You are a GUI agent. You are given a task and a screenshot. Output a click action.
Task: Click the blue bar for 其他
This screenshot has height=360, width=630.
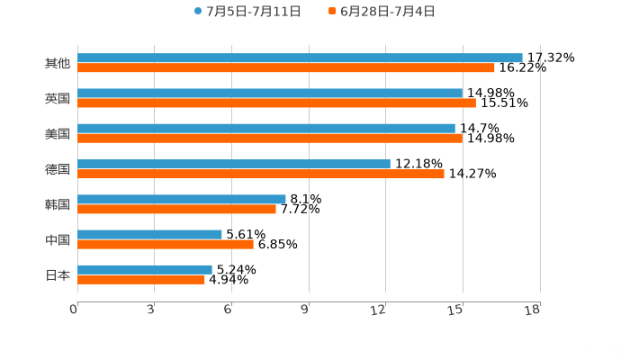(x=300, y=58)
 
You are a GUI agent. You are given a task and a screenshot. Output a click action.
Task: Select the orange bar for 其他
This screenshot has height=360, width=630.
(x=286, y=67)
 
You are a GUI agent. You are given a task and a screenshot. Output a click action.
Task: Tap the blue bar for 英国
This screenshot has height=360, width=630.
(x=270, y=93)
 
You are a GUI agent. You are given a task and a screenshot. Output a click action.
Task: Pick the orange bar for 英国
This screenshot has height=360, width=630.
(x=276, y=103)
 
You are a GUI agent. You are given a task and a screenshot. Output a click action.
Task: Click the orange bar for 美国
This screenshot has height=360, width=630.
(x=270, y=138)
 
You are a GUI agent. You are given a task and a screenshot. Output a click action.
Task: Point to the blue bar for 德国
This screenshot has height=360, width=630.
(x=234, y=164)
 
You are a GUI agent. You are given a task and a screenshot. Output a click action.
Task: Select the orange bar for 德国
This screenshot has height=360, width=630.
(x=261, y=174)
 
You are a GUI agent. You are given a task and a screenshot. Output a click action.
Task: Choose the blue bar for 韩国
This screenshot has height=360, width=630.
(x=182, y=199)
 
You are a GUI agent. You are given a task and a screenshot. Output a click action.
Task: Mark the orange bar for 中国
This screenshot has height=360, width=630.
(x=166, y=244)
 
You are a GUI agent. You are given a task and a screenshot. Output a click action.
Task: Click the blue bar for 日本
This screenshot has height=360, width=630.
(x=145, y=269)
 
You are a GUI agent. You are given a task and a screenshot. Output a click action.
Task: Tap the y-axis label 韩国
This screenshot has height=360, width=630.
(x=58, y=204)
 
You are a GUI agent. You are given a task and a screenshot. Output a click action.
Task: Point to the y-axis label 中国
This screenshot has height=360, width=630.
(x=58, y=239)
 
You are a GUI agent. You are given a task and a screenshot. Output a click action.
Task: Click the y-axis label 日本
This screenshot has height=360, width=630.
(x=58, y=274)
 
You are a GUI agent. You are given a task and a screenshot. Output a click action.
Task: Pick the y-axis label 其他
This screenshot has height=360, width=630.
(x=58, y=63)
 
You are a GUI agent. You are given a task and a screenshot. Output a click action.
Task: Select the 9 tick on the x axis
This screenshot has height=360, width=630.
(x=304, y=310)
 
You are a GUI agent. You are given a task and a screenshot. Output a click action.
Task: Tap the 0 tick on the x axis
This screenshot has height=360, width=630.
(x=74, y=310)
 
